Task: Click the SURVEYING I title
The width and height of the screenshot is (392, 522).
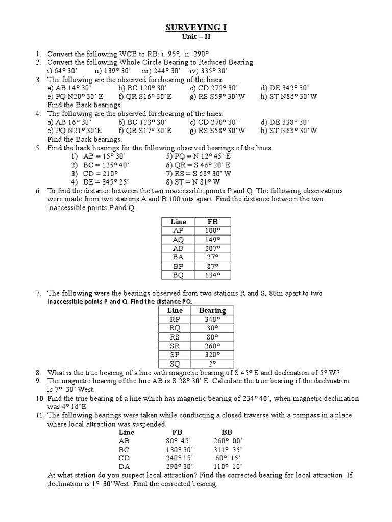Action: (196, 28)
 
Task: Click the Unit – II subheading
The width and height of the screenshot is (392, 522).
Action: (196, 37)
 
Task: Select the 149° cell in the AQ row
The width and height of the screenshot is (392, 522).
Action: (212, 240)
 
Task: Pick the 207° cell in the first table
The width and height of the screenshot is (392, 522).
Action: (212, 248)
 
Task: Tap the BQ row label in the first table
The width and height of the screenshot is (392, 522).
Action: (178, 275)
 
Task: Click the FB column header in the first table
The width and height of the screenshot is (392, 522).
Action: (212, 222)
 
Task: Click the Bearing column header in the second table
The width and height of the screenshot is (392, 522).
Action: (212, 310)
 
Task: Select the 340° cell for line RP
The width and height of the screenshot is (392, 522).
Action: (212, 319)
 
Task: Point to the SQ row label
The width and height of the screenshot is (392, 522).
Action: (175, 363)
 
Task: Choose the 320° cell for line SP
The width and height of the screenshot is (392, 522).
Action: (212, 355)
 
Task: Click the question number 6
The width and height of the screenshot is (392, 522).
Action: (37, 191)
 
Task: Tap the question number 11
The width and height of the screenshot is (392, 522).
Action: (39, 415)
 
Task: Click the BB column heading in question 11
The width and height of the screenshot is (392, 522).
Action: (227, 432)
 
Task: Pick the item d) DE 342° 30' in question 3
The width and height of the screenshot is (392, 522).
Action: (285, 88)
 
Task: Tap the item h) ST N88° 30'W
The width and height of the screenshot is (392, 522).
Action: (288, 130)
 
